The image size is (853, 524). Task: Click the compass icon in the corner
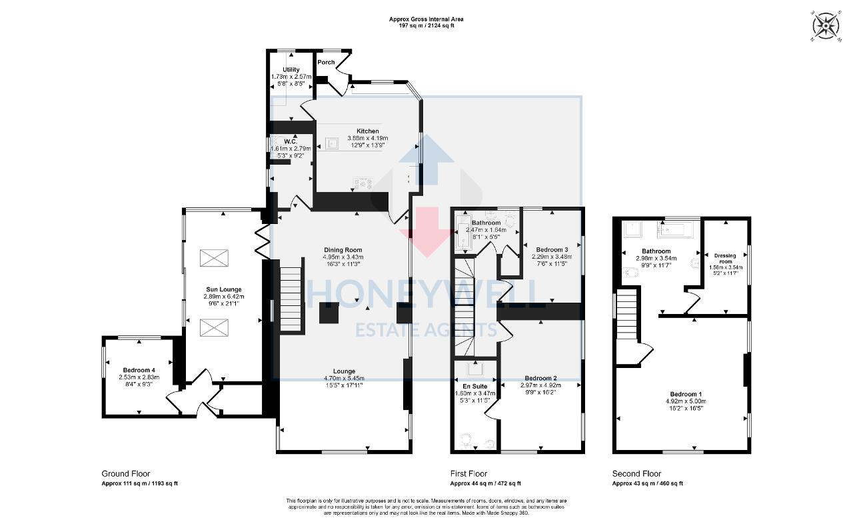tap(826, 26)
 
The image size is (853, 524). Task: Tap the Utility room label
tap(291, 69)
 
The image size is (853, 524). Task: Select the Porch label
tap(326, 62)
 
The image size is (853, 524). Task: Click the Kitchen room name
tap(368, 131)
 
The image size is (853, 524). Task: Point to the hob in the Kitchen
tap(363, 183)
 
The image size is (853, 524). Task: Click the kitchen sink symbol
tap(331, 143)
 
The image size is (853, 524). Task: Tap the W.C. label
tap(290, 141)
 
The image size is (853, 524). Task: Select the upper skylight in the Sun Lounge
tap(214, 258)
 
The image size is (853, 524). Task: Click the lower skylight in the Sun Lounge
tap(214, 328)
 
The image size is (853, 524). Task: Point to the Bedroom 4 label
tap(139, 370)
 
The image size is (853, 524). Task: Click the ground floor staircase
tap(291, 299)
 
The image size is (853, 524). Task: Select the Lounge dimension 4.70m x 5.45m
tap(344, 378)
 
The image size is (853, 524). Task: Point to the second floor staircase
tap(627, 317)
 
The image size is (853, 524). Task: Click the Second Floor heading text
tap(637, 474)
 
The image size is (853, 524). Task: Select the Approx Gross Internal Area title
tap(426, 19)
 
